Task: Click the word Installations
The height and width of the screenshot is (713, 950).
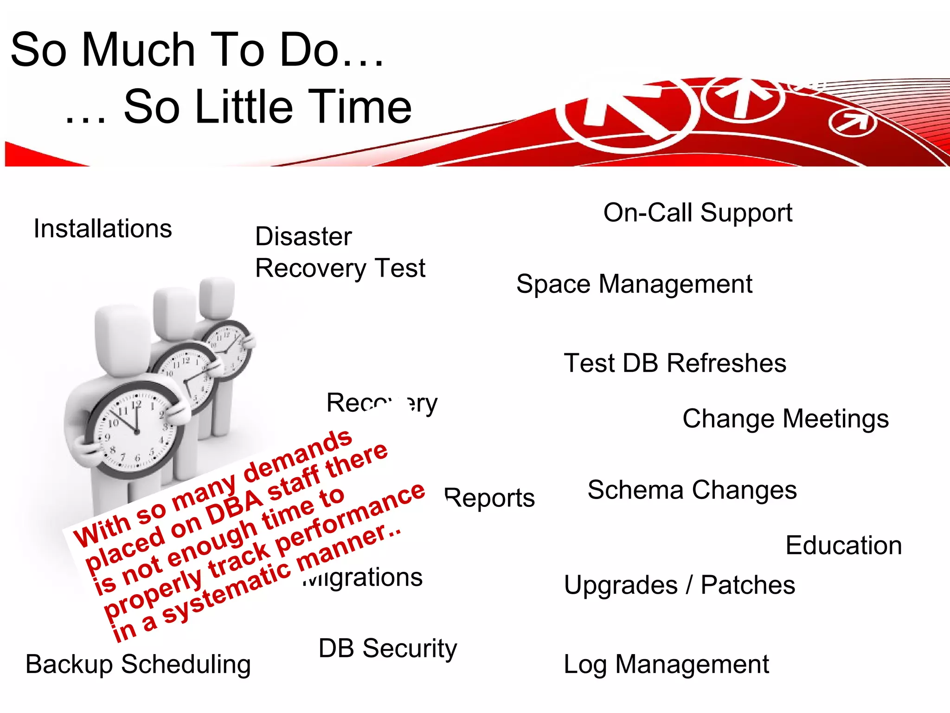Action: [103, 229]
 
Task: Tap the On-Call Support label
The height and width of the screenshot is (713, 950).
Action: [698, 213]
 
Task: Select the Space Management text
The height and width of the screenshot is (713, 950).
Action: [634, 284]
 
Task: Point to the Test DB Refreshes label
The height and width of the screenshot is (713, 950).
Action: [675, 363]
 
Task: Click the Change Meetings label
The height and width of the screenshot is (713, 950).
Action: [785, 419]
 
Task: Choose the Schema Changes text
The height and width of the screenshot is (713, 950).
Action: [692, 490]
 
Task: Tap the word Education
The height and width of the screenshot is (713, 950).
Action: [843, 545]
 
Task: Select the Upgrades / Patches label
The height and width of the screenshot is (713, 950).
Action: [680, 585]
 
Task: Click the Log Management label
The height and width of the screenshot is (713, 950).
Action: [666, 664]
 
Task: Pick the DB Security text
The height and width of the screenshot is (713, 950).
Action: [388, 648]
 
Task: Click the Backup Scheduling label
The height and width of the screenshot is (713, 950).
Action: [138, 664]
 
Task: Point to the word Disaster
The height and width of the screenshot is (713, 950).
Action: [303, 237]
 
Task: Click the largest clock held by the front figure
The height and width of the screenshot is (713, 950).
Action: [135, 429]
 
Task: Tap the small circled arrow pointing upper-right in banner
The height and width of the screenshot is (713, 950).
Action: [852, 123]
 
